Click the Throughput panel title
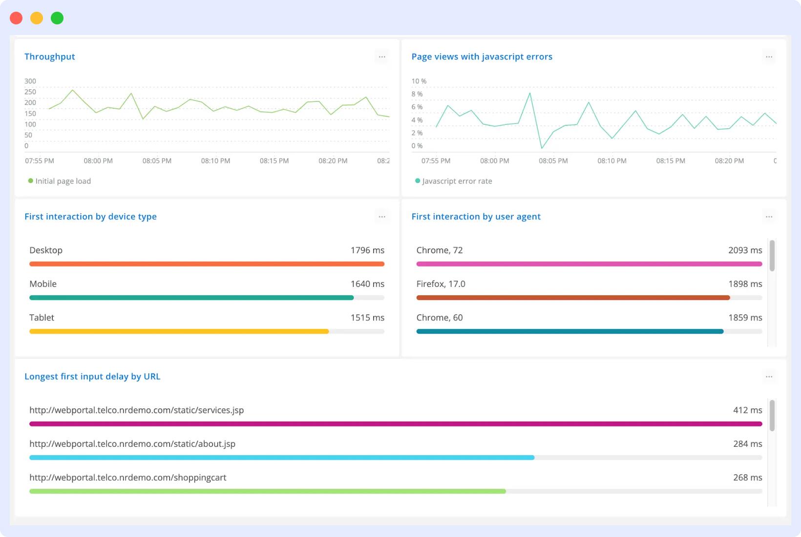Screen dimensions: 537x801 click(x=50, y=57)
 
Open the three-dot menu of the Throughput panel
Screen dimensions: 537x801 click(x=382, y=57)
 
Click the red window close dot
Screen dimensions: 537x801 click(x=16, y=18)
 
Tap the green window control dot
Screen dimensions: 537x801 click(x=57, y=18)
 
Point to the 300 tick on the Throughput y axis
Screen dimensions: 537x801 click(x=30, y=81)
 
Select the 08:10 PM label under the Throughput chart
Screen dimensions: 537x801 click(x=215, y=160)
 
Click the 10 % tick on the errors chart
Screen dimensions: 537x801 click(x=419, y=81)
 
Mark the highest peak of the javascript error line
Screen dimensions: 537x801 click(x=530, y=93)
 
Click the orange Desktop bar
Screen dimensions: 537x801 click(x=207, y=264)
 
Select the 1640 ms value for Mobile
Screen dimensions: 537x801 click(x=367, y=284)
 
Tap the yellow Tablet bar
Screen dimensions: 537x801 click(x=179, y=331)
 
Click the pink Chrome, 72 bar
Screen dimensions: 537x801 click(x=589, y=264)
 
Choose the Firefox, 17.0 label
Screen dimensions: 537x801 click(x=441, y=284)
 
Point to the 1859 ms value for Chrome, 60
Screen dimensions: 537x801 click(x=745, y=318)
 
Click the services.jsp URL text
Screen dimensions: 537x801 click(x=136, y=410)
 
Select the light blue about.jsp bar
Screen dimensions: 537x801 click(x=282, y=457)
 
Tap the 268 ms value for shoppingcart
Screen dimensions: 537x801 click(x=747, y=477)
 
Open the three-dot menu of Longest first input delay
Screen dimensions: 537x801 click(x=769, y=377)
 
